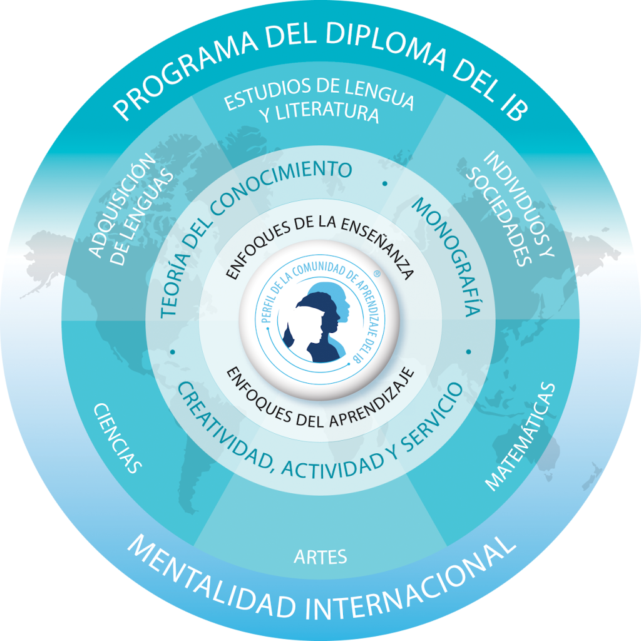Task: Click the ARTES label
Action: coord(320,557)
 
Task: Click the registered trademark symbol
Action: coord(377,274)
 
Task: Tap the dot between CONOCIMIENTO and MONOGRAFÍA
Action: coord(385,184)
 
